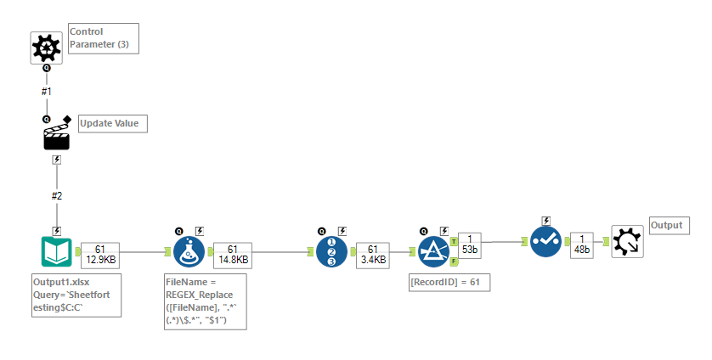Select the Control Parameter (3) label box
coord(102,38)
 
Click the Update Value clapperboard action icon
coord(56,136)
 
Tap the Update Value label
coord(112,124)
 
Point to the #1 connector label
coord(47,90)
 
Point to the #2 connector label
coord(57,195)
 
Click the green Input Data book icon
coord(57,251)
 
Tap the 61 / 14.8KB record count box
coord(232,252)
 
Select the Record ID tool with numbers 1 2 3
coord(331,251)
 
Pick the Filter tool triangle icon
coord(433,251)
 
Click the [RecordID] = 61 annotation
coord(449,281)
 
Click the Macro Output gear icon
coord(627,242)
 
